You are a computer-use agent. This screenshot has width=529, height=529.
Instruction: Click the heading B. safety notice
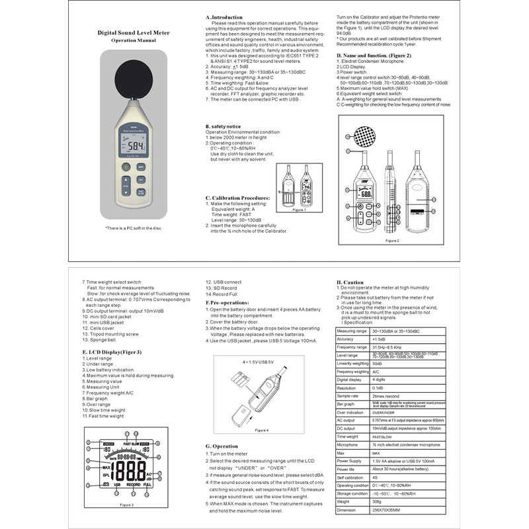pos(223,126)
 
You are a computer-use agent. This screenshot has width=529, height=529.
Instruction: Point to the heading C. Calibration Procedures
pos(237,198)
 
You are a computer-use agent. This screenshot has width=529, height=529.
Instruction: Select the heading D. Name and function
pos(374,56)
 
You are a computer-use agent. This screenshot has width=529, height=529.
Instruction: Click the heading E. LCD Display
pos(112,352)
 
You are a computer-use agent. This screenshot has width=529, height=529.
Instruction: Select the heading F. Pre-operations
pos(227,302)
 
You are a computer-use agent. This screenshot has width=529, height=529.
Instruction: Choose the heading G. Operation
pos(222,446)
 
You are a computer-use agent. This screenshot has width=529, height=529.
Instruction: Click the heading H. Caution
pos(350,282)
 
